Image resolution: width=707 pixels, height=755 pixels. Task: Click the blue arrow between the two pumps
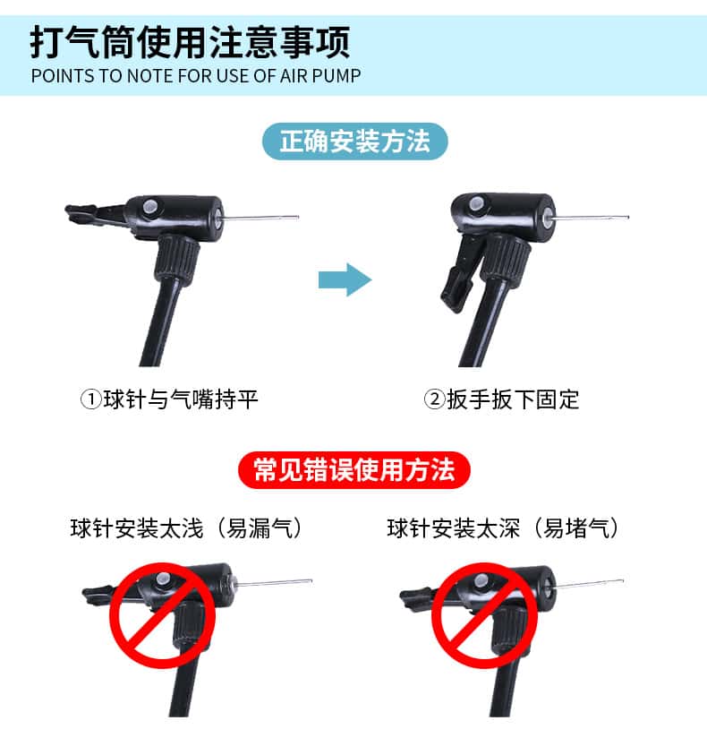[345, 279]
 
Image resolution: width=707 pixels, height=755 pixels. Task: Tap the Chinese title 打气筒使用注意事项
[190, 42]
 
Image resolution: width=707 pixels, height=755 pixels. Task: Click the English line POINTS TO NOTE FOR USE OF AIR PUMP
[196, 76]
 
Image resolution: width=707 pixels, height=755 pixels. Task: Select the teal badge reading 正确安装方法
[354, 142]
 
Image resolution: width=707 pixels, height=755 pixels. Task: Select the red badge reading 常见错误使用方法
[353, 470]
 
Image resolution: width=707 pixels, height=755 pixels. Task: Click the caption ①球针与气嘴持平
[169, 399]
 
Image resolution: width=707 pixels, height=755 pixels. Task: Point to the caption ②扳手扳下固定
[501, 399]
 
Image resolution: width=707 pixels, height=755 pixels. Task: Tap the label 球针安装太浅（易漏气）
[187, 528]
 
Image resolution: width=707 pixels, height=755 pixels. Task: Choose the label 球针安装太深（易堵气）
[504, 528]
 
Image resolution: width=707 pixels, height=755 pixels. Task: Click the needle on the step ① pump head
[260, 218]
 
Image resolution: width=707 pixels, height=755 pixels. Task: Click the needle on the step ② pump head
[591, 218]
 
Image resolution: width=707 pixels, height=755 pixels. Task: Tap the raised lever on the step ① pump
[97, 214]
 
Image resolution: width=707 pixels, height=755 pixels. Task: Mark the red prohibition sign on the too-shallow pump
[163, 615]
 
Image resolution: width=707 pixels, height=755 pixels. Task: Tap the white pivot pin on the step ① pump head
[150, 208]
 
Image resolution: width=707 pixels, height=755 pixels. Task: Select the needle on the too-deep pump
[590, 584]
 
